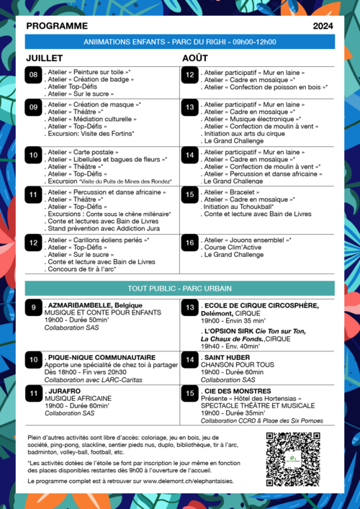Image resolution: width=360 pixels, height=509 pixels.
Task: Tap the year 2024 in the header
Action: tap(323, 26)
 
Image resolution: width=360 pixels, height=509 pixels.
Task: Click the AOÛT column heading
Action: tap(195, 58)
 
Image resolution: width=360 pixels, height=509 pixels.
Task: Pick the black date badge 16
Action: tap(190, 243)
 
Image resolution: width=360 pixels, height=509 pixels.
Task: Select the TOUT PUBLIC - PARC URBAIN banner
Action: tap(180, 288)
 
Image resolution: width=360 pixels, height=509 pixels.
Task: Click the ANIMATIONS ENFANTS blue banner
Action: tap(180, 42)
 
